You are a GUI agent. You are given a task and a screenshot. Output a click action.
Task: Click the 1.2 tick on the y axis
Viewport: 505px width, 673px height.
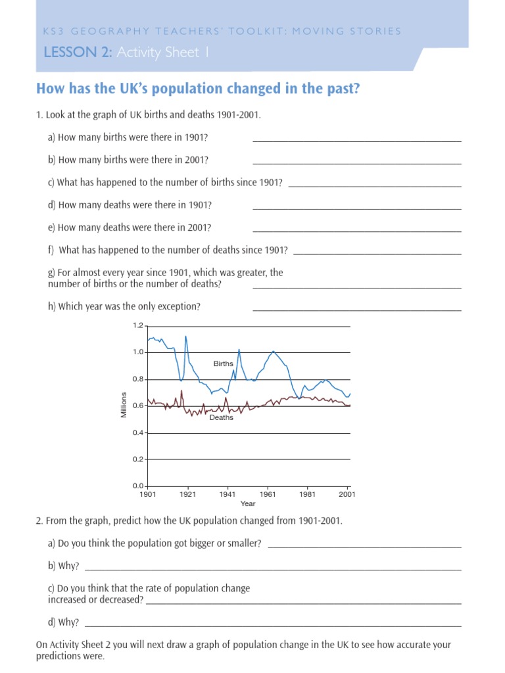138,326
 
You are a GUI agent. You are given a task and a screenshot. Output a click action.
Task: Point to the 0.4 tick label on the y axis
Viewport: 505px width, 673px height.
138,432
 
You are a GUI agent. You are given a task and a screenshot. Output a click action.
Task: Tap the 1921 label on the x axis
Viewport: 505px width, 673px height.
187,494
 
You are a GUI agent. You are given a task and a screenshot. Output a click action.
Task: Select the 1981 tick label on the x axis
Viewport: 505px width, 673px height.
308,494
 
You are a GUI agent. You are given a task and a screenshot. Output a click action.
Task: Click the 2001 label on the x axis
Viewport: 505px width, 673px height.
347,494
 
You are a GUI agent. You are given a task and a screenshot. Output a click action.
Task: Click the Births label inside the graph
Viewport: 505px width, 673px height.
224,363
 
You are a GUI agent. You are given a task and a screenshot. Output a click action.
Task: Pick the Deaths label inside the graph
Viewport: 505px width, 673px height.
221,417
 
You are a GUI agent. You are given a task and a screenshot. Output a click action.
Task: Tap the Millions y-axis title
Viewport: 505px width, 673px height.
124,405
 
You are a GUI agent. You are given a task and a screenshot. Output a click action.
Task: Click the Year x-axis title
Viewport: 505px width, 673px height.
248,504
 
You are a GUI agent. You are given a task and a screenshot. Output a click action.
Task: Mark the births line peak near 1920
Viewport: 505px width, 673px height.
185,336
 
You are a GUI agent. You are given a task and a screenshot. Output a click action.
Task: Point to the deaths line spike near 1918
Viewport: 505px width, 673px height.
181,390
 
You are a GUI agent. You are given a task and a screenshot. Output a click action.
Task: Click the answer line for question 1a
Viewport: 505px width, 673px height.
357,141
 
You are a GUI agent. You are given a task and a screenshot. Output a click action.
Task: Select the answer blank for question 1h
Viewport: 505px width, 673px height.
357,310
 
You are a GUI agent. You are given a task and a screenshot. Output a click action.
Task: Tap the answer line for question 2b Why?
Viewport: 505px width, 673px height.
273,570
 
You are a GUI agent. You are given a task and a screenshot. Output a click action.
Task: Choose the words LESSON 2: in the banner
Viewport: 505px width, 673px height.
78,53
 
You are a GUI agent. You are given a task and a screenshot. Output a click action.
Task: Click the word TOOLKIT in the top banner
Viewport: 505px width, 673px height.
258,32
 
